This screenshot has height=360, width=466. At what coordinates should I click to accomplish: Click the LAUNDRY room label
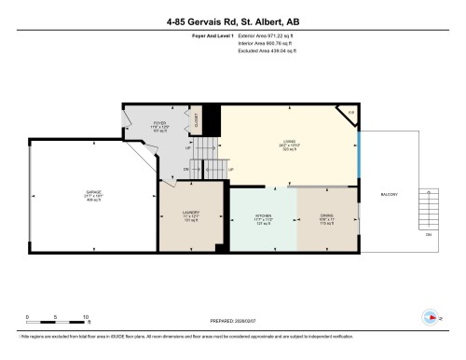pos(189,215)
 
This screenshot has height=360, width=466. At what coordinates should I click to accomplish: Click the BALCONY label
pos(390,195)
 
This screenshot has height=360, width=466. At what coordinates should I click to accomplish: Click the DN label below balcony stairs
pos(429,234)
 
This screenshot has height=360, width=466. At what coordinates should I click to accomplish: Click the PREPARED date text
pos(233,314)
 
